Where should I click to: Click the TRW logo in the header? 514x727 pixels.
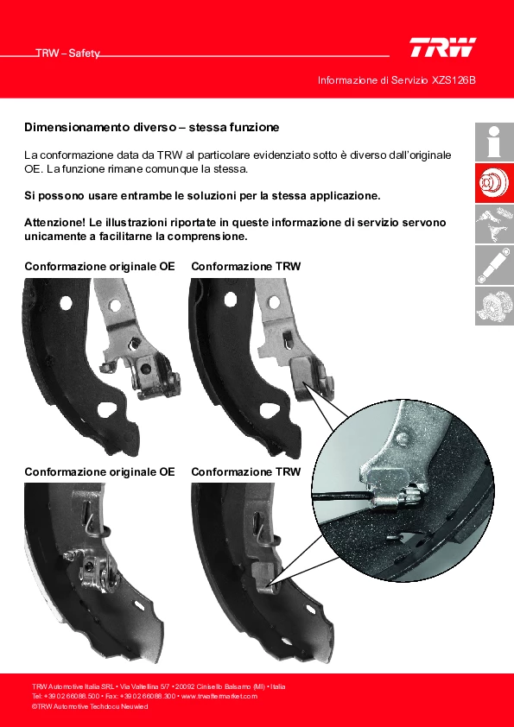pos(442,47)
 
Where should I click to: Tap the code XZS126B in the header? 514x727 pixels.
pos(454,80)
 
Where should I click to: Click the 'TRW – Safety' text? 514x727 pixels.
pos(67,54)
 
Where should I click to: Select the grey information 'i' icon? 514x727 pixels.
pos(494,142)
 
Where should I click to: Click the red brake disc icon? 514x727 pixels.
pos(494,183)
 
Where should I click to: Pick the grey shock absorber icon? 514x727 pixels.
pos(494,265)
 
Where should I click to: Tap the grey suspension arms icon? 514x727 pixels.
pos(494,224)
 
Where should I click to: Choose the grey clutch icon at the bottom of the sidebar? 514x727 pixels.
pos(494,306)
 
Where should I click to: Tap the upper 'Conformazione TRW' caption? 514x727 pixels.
pos(246,267)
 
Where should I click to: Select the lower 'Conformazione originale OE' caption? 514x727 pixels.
pos(99,472)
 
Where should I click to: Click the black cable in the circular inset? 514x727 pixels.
pos(340,496)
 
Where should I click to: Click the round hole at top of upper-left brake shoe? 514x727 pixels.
pos(66,303)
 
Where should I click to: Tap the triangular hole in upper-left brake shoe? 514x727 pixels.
pos(108,411)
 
